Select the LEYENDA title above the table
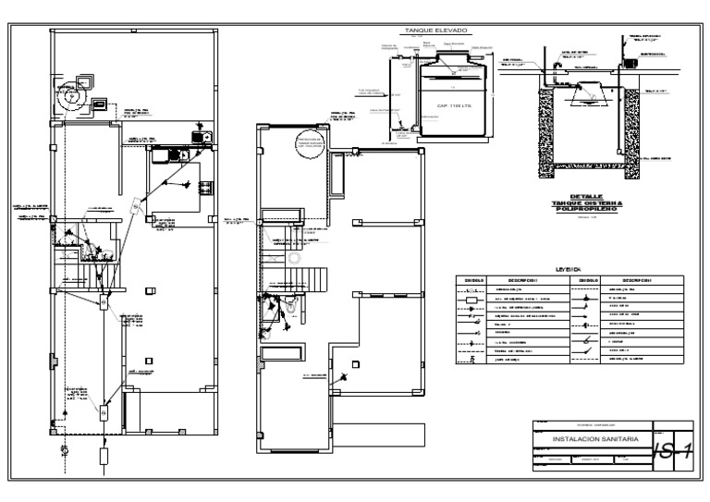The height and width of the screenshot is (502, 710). coord(568,269)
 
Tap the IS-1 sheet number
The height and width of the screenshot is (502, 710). coord(672,450)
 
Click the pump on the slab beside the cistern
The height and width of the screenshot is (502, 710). coord(632,64)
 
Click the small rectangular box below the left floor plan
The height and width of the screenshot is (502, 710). coord(103,455)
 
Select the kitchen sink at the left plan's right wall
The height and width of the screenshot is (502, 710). coord(198,140)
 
